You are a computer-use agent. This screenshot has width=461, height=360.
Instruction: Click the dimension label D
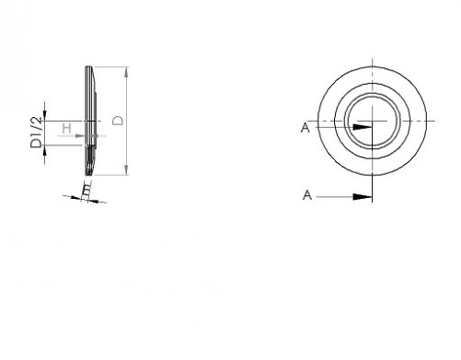[118, 121]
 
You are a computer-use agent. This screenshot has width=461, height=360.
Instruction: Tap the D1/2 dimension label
[36, 133]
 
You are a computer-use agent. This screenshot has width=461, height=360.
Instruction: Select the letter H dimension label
[67, 128]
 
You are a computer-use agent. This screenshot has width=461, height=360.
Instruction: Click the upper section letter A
[305, 128]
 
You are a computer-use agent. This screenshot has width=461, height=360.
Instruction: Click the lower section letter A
[307, 195]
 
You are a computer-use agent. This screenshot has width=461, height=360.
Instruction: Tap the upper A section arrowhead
[363, 127]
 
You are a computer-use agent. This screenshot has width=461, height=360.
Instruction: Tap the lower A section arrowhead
[363, 197]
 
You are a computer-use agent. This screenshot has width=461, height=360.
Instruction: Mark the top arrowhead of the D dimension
[127, 72]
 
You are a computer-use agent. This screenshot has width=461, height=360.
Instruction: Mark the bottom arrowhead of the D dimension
[127, 169]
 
